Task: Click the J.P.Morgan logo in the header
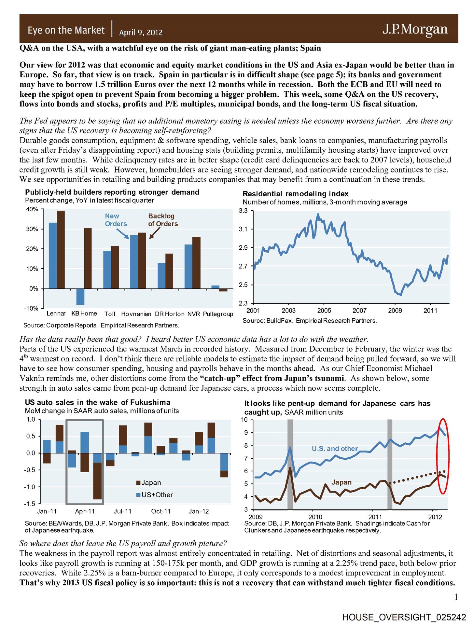click(415, 29)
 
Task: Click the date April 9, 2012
click(141, 33)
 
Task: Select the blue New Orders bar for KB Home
click(80, 297)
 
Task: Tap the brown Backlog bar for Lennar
click(61, 249)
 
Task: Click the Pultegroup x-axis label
click(218, 314)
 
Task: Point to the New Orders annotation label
click(116, 220)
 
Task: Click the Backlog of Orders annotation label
click(163, 220)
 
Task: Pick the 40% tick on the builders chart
click(32, 209)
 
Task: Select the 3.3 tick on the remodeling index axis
click(243, 211)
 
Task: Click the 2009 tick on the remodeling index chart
click(395, 311)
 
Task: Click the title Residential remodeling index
click(295, 194)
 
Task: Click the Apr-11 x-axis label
click(85, 511)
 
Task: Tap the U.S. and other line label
click(335, 449)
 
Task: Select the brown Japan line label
click(341, 482)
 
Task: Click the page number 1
click(456, 597)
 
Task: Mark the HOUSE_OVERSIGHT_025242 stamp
click(404, 617)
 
